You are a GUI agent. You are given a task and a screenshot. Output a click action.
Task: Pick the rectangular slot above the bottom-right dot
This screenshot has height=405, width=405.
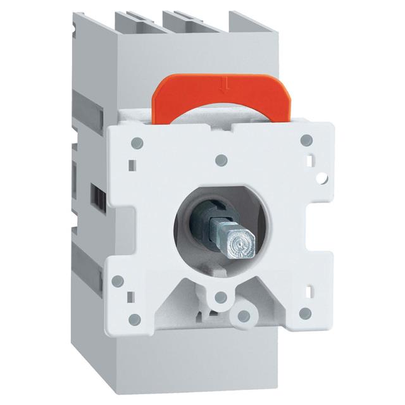pyautogui.click(x=310, y=290)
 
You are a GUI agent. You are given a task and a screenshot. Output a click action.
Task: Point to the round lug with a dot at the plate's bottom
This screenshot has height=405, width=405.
pyautogui.click(x=240, y=314)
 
